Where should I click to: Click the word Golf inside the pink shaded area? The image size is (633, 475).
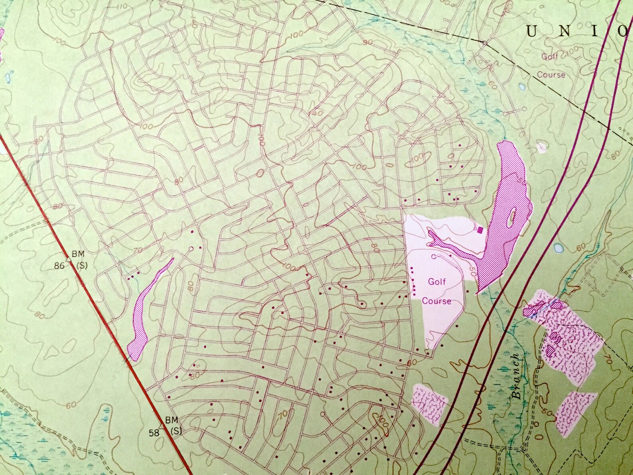437,282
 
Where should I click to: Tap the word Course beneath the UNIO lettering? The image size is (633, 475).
551,74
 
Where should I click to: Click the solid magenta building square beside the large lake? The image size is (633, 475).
480,229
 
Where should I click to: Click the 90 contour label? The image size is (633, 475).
368,41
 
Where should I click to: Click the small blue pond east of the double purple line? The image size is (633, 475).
558,248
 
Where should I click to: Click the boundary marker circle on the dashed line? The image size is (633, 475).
484,42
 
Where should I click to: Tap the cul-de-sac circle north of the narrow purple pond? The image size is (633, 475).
191,249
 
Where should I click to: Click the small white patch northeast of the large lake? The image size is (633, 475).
541,147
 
